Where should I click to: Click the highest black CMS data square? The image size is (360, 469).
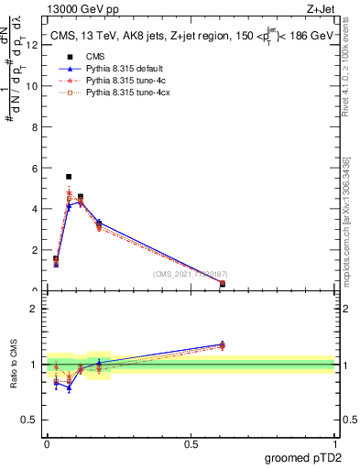[69, 176]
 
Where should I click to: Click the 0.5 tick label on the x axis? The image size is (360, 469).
[191, 444]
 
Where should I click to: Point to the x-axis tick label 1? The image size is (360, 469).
[334, 444]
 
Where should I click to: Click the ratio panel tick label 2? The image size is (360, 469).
[35, 309]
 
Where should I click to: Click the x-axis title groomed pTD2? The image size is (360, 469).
[303, 457]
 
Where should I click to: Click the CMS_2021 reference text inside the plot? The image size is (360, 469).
[190, 275]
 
